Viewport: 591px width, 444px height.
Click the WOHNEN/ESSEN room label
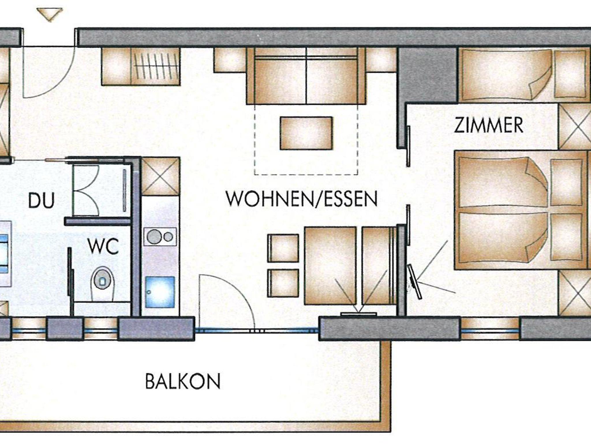(x=302, y=199)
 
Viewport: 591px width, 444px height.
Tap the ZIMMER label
(x=489, y=125)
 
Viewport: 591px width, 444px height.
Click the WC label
(x=103, y=246)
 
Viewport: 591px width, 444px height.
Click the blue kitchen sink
(x=160, y=292)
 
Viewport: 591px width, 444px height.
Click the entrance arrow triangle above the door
(x=50, y=14)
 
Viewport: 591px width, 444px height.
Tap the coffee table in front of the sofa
(x=306, y=133)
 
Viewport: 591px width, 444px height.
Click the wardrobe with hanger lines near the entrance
(x=156, y=66)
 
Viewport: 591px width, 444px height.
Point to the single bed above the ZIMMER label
(x=505, y=75)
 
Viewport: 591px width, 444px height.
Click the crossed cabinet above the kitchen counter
(x=160, y=176)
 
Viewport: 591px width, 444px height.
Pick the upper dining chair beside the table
(x=283, y=248)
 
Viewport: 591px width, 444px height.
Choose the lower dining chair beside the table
(x=283, y=283)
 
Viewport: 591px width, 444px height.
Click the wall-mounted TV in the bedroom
(x=414, y=281)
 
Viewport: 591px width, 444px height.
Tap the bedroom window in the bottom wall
(x=490, y=329)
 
